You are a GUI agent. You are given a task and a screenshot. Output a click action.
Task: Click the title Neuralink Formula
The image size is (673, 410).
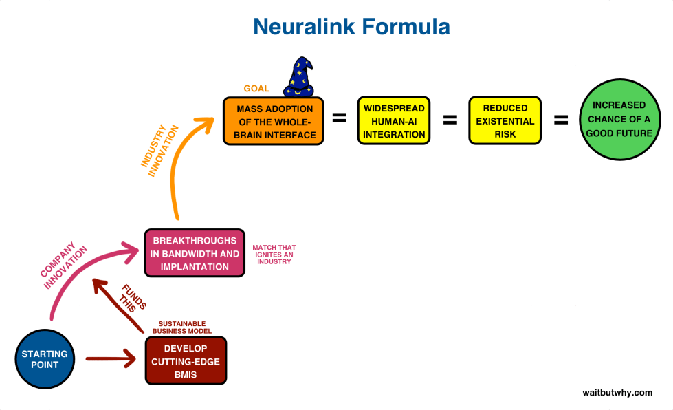[351, 27]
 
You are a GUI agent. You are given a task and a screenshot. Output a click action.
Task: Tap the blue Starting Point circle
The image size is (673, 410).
[44, 358]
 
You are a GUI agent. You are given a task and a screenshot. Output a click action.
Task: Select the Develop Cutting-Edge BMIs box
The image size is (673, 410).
[186, 360]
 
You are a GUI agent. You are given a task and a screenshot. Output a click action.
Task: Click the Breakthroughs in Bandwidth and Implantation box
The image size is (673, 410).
[195, 253]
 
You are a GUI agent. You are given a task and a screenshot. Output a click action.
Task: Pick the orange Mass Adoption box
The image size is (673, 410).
[274, 121]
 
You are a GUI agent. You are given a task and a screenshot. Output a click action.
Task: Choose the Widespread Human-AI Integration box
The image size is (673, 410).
[394, 121]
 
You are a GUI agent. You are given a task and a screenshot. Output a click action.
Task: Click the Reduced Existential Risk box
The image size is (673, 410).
[505, 121]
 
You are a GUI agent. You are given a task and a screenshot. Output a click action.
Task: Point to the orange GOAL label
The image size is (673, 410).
[256, 89]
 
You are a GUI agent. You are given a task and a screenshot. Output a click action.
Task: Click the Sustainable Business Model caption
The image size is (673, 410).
[182, 327]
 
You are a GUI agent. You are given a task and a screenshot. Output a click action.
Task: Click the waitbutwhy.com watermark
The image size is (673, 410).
[617, 392]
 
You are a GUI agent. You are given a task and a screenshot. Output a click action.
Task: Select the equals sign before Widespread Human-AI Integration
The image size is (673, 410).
[339, 118]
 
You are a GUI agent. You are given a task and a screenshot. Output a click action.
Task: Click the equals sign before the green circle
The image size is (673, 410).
[561, 120]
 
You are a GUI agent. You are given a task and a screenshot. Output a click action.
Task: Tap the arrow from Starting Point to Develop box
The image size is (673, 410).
[110, 358]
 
